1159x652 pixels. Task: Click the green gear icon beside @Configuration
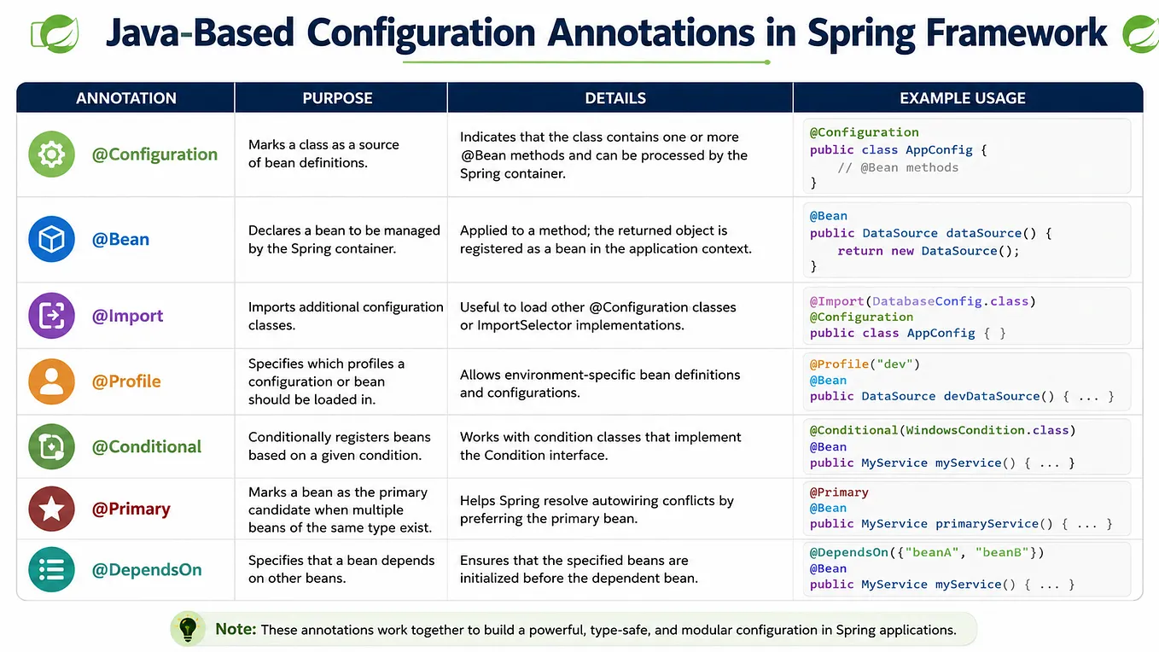click(x=51, y=154)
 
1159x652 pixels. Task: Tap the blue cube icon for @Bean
click(x=51, y=239)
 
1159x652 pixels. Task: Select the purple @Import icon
click(x=51, y=316)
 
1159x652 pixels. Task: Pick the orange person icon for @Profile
click(x=51, y=381)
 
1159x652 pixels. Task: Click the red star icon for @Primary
click(x=51, y=509)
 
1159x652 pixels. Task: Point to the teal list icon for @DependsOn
click(x=51, y=569)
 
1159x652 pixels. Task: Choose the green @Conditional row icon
click(x=51, y=446)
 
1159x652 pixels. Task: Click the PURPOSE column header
click(x=337, y=98)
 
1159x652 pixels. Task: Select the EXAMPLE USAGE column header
click(x=963, y=98)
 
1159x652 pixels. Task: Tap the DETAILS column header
click(x=615, y=98)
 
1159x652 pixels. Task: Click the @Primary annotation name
click(x=131, y=509)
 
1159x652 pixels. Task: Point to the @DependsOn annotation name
click(x=147, y=570)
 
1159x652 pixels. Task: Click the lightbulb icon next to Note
click(x=188, y=629)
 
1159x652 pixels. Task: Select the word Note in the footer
click(x=236, y=629)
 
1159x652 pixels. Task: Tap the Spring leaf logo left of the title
click(x=55, y=34)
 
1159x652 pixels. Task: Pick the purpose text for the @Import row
click(x=346, y=316)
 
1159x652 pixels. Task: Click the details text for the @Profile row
click(x=600, y=383)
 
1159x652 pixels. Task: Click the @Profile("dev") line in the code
click(x=865, y=364)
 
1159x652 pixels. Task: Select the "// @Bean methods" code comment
click(x=898, y=167)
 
